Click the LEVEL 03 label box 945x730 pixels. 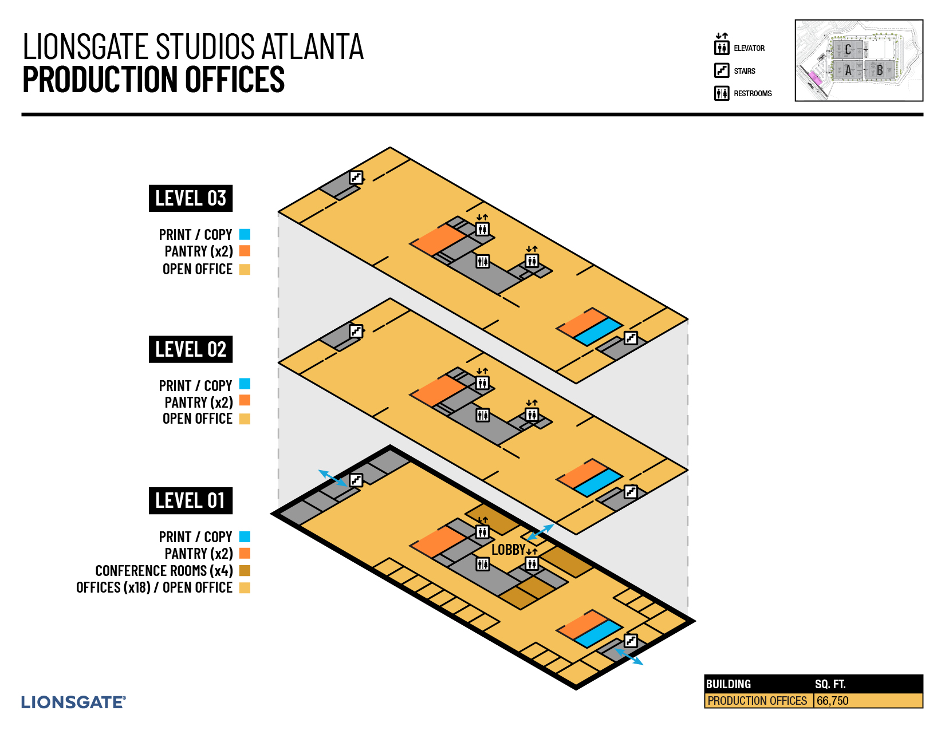(190, 199)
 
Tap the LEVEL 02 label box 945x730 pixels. (190, 349)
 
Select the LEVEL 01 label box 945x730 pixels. (190, 500)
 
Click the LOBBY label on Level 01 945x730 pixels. (508, 550)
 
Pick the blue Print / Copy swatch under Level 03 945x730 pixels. (245, 234)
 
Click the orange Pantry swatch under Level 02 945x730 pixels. (245, 400)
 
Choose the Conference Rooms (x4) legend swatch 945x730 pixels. (245, 571)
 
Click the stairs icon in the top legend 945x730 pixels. (722, 70)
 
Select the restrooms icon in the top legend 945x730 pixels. (722, 93)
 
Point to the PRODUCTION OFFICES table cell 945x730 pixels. (757, 701)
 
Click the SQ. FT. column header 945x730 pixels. (830, 684)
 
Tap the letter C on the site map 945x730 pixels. (848, 50)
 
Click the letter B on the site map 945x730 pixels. (880, 71)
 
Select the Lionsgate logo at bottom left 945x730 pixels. (73, 703)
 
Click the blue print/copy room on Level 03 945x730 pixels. (598, 332)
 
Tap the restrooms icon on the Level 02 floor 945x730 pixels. (483, 415)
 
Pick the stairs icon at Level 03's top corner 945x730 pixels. (356, 177)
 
